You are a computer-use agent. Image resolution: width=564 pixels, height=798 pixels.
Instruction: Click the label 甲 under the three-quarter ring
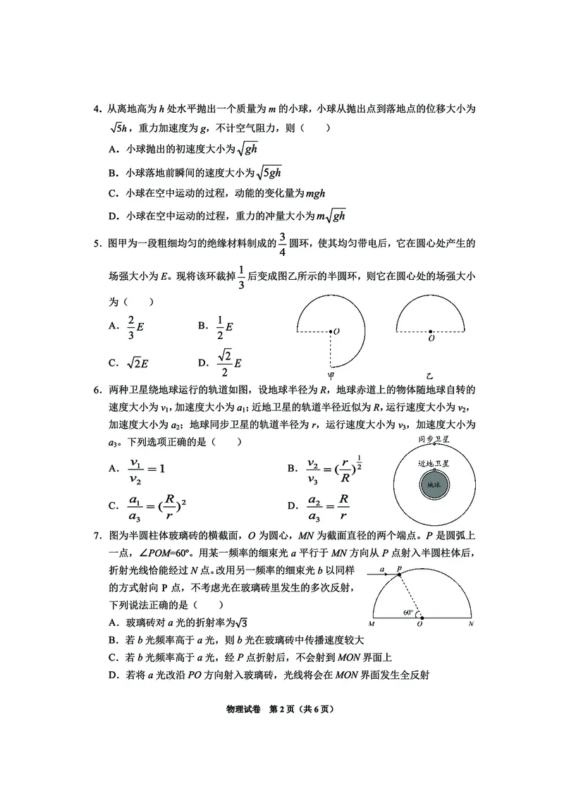pos(331,375)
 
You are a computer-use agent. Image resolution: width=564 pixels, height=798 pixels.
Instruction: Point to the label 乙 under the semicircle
pos(430,375)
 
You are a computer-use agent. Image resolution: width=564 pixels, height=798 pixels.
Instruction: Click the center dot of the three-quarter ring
pos(330,330)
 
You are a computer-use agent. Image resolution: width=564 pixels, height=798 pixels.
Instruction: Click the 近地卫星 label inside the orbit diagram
pos(434,463)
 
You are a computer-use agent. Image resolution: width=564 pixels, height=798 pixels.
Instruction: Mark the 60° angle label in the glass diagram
pos(408,613)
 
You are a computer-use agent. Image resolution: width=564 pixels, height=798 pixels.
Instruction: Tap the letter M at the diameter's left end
pos(371,624)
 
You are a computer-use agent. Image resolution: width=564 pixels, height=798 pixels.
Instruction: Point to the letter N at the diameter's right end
pos(470,624)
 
